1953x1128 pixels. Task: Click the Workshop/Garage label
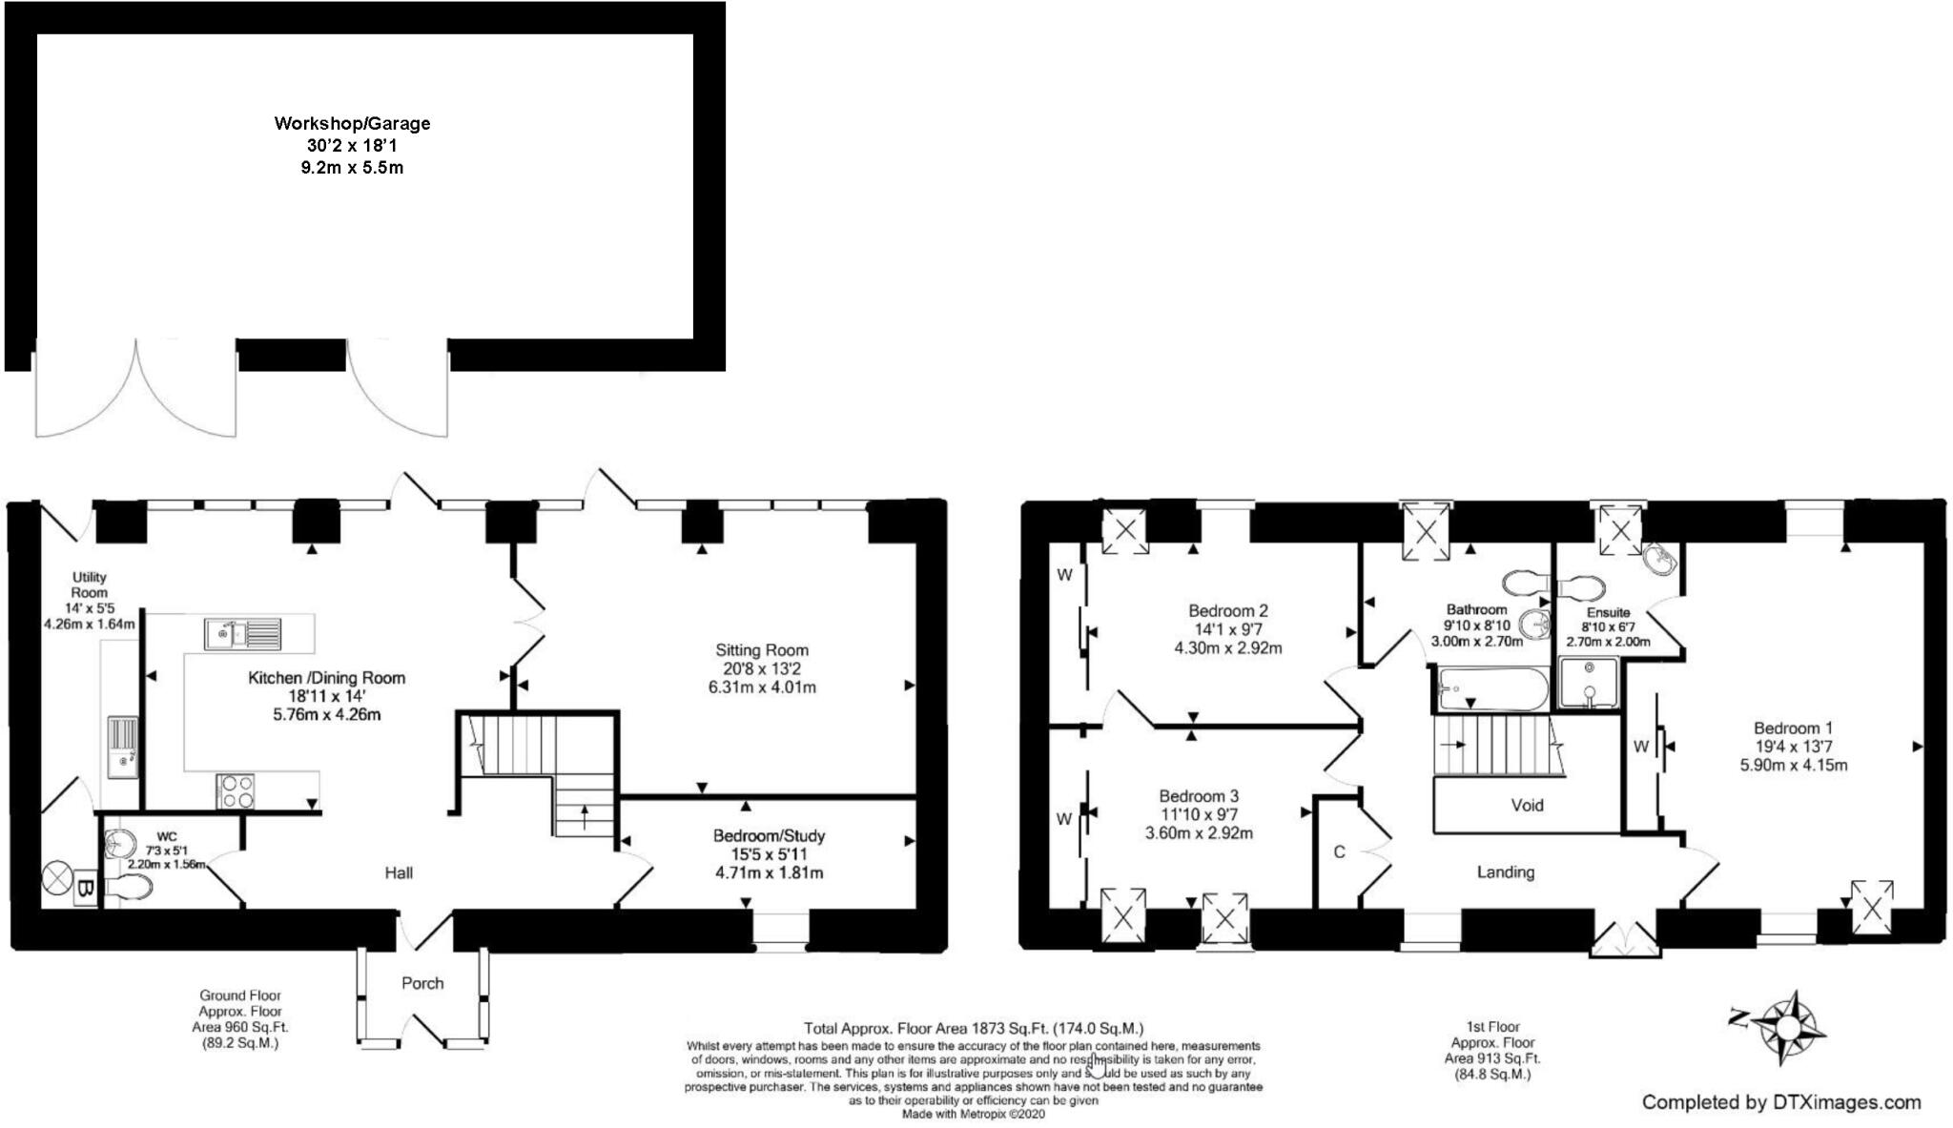(352, 123)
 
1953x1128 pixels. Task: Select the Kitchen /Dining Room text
(326, 678)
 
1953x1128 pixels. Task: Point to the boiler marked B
(85, 890)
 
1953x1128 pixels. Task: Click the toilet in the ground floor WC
(129, 889)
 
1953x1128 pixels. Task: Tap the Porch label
(422, 983)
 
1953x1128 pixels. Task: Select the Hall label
(399, 872)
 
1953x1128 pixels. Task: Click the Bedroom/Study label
(769, 836)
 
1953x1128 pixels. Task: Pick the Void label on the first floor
(1527, 805)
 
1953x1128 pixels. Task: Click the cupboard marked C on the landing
(1339, 851)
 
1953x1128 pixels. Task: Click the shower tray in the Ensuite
(1589, 684)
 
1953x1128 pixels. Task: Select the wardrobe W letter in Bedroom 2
(1064, 575)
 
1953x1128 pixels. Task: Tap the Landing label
(1506, 872)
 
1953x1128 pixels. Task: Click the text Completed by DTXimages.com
(1780, 1102)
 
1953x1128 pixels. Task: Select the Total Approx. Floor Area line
(973, 1028)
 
